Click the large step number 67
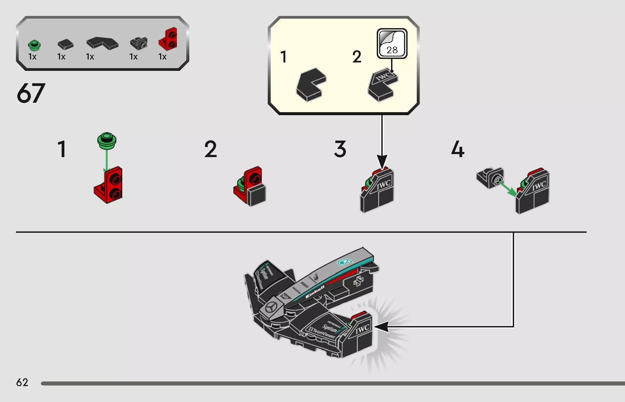pos(31,93)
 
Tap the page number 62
pos(22,382)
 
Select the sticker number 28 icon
pos(392,44)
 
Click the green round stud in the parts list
pos(34,45)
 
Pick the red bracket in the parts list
pos(168,39)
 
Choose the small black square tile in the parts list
pos(65,44)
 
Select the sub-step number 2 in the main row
pos(211,149)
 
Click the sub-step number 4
pos(458,149)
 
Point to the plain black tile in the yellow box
pos(311,84)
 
